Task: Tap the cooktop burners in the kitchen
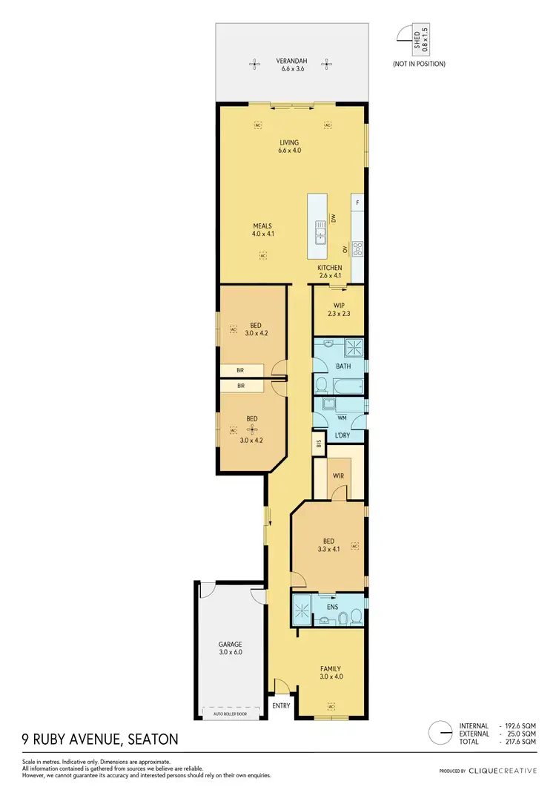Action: click(357, 248)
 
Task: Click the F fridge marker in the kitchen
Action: click(357, 202)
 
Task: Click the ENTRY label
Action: click(282, 705)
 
